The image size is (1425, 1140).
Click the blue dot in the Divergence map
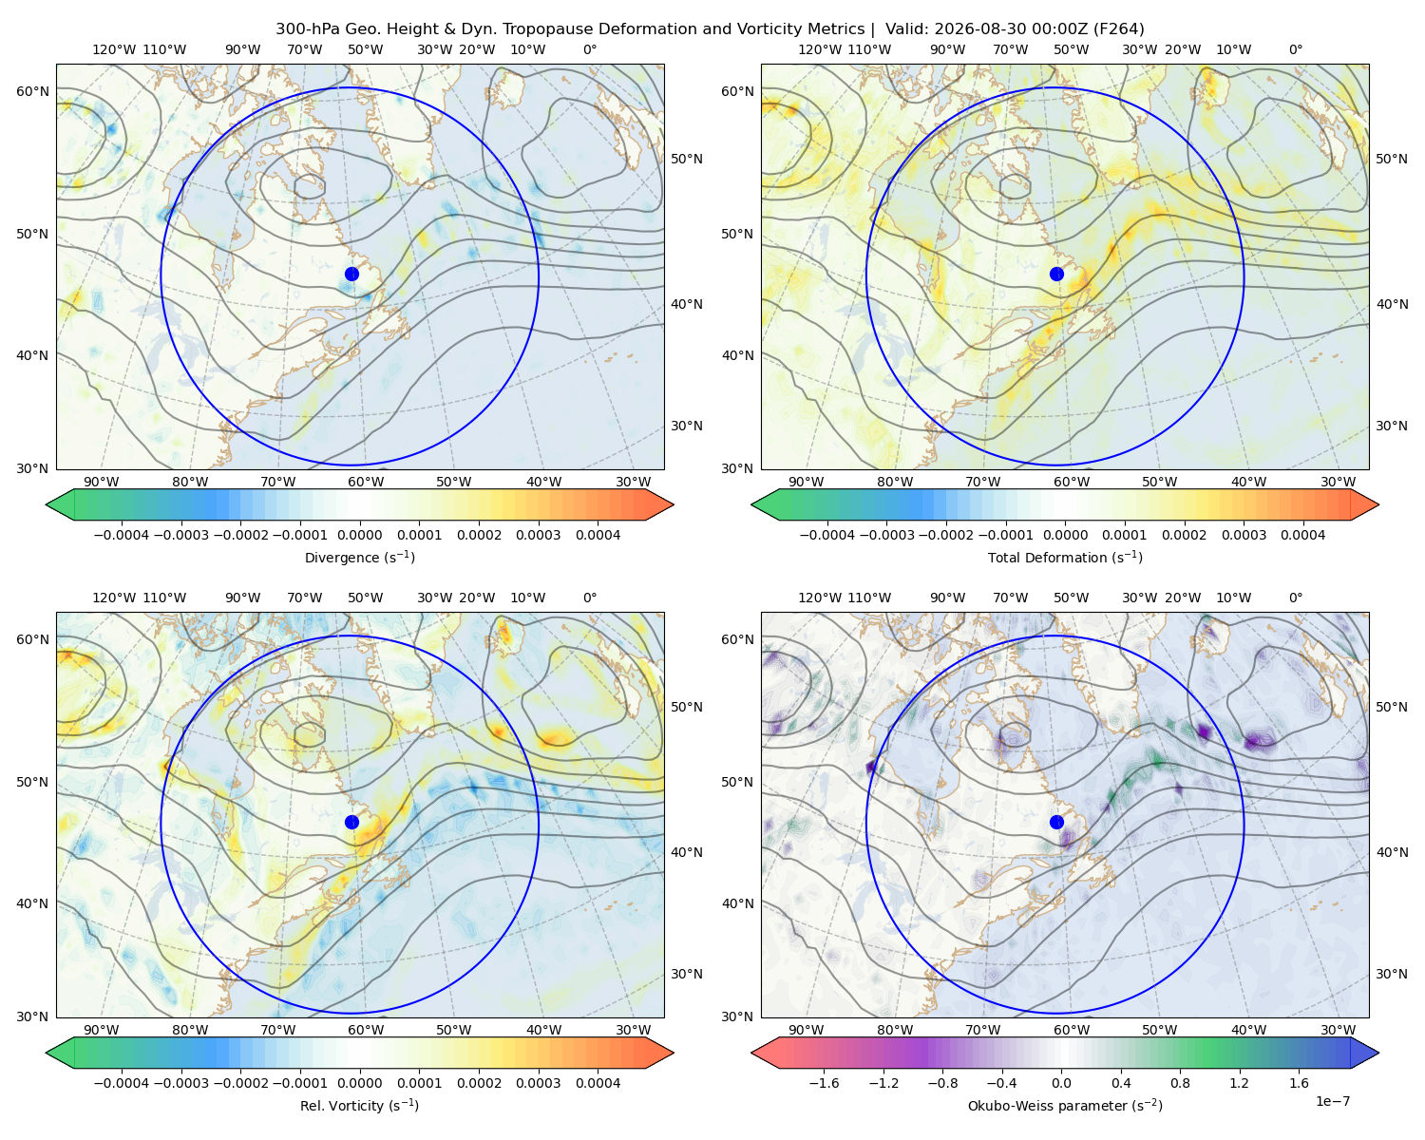pos(351,275)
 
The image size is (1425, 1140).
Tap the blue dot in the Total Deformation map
pos(1056,275)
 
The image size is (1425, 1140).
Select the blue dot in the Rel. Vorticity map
pos(351,822)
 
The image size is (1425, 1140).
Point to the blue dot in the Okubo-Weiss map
pos(1056,822)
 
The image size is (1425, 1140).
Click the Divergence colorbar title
pos(359,558)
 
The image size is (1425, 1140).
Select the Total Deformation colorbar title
pos(1065,558)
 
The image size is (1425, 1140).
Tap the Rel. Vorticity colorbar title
pos(359,1106)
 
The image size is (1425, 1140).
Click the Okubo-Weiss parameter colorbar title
pos(1065,1106)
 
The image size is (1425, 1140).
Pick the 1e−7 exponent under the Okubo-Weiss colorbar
pos(1332,1102)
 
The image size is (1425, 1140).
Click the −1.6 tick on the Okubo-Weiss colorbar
pos(824,1083)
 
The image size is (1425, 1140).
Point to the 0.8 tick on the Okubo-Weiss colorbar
pos(1180,1083)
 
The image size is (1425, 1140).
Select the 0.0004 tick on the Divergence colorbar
pos(598,535)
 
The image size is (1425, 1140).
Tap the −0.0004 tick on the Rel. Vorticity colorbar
pos(122,1083)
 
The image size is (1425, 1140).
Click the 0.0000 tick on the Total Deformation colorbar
pos(1065,535)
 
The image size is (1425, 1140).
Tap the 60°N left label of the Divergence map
pos(32,91)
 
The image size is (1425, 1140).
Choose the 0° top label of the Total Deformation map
pos(1296,49)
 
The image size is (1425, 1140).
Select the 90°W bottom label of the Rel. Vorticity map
pos(102,1030)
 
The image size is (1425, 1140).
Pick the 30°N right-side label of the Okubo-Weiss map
pos(1392,974)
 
